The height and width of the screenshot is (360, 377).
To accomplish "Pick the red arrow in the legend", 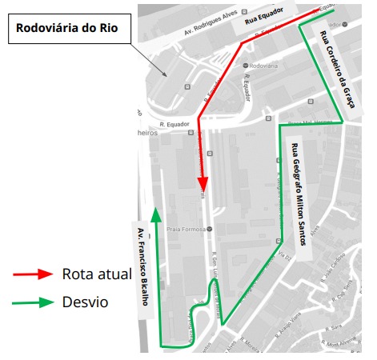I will (x=33, y=274).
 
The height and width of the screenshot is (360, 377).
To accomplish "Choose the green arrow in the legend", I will (x=33, y=302).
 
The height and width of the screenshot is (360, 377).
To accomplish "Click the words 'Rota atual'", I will (x=96, y=274).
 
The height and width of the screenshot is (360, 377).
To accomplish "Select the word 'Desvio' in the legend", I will (x=84, y=302).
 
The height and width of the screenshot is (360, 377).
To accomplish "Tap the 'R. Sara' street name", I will (x=335, y=326).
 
